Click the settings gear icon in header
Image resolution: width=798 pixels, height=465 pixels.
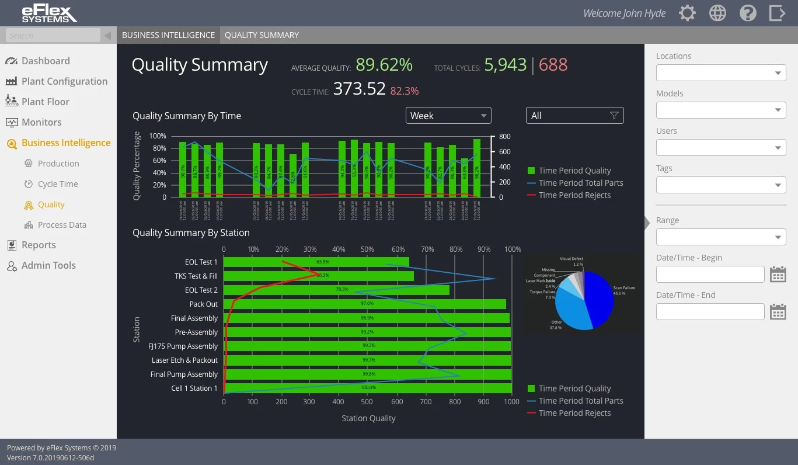687,13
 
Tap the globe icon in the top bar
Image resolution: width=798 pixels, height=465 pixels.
717,13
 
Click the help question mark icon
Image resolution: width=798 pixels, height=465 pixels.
748,13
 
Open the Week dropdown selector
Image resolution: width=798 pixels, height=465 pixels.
448,116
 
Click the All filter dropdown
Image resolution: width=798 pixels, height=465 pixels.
574,116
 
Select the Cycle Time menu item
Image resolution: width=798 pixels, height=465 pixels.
57,184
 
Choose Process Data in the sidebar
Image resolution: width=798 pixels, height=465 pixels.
61,225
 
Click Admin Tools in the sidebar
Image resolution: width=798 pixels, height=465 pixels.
48,265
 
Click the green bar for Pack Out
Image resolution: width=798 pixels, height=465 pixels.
364,304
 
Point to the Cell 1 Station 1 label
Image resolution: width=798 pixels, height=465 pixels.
194,388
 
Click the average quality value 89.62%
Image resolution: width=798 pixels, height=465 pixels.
384,65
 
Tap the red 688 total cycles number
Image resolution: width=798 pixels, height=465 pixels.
553,65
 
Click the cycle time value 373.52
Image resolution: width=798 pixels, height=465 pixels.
359,89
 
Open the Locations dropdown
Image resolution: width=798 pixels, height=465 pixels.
721,73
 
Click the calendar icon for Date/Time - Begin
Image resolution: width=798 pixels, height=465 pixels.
778,275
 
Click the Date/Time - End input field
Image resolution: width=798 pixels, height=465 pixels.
710,312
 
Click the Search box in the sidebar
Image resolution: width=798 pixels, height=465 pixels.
53,36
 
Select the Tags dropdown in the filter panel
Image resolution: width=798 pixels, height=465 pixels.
721,185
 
